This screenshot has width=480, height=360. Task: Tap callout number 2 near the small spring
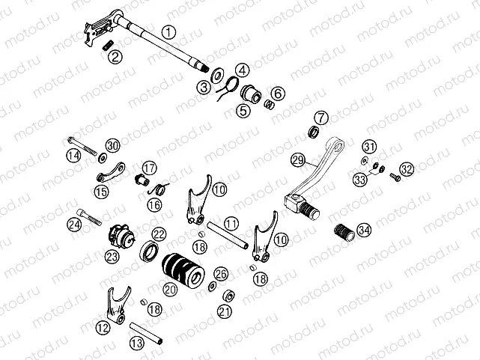(114, 56)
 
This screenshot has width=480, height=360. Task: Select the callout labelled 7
(321, 118)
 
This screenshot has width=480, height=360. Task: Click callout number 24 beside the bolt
(73, 224)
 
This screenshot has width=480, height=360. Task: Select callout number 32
(406, 169)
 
